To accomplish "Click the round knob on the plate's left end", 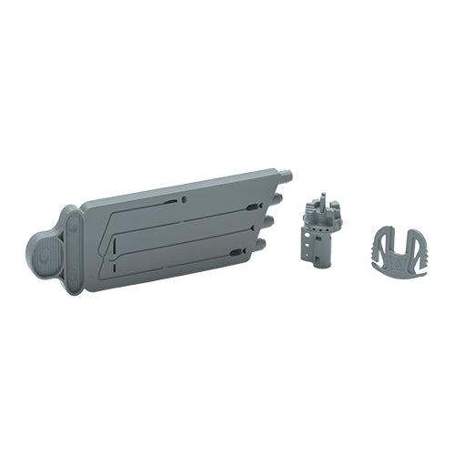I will point(44,256).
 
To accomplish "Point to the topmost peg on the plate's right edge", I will point(286,172).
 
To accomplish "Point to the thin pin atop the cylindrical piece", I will point(321,201).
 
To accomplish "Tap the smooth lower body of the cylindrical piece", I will point(319,256).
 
